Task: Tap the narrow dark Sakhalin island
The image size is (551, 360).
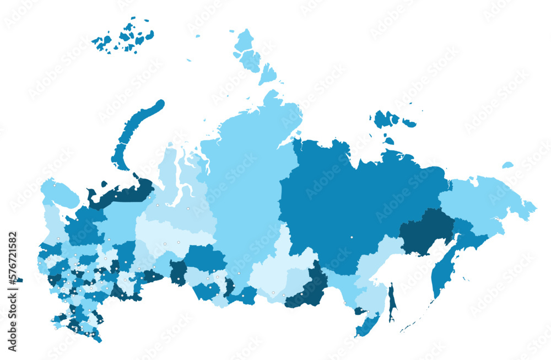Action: click(x=392, y=303)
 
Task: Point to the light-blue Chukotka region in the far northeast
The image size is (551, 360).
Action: click(x=485, y=198)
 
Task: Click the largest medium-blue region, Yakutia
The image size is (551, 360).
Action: click(x=342, y=204)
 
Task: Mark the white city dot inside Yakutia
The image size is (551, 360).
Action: click(x=352, y=237)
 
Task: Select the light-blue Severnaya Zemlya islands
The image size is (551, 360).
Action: click(x=251, y=55)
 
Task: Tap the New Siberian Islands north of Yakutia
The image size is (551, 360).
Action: click(x=388, y=121)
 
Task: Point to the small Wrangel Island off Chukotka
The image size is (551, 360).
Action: click(x=507, y=165)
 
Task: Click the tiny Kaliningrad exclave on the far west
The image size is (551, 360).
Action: click(x=20, y=280)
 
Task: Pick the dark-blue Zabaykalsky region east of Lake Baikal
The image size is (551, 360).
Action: click(x=309, y=287)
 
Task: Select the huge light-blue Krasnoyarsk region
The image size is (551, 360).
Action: click(x=242, y=182)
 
